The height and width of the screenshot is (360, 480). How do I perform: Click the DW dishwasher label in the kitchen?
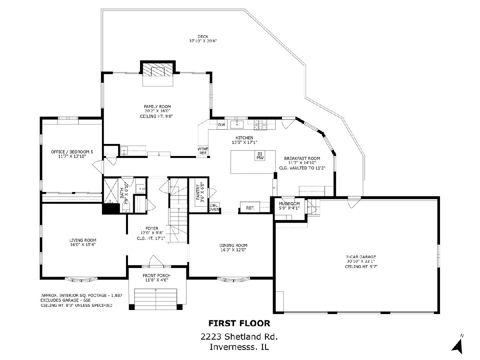(x=222, y=125)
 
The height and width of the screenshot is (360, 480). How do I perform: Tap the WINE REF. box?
(x=203, y=151)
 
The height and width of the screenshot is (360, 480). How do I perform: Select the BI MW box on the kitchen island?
(x=260, y=156)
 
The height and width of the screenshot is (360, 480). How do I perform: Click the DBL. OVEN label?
(x=214, y=207)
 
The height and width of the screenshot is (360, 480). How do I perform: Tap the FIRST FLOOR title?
(x=239, y=324)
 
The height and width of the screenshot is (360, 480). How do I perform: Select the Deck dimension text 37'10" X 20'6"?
(x=203, y=41)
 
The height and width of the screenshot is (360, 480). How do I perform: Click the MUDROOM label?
(x=289, y=204)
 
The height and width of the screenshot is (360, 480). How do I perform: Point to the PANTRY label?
(x=198, y=192)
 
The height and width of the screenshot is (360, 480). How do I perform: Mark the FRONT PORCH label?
(x=156, y=276)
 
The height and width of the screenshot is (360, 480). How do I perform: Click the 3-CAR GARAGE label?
(x=361, y=257)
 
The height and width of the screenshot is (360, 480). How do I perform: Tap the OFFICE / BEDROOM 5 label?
(x=72, y=152)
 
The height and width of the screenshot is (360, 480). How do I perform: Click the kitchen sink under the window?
(x=237, y=124)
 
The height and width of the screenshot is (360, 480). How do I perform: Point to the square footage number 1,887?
(x=116, y=295)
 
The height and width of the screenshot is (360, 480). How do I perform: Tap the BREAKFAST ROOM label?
(x=302, y=158)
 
